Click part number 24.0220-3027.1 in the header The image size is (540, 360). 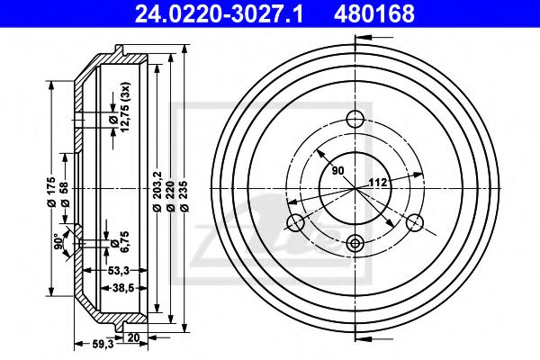click(x=219, y=14)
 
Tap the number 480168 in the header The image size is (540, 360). click(x=374, y=14)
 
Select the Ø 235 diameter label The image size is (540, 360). click(x=185, y=195)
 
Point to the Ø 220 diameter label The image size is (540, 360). click(x=170, y=195)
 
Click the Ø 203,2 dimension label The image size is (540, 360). click(x=157, y=192)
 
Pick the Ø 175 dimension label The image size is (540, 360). click(x=51, y=192)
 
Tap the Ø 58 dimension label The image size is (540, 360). click(x=65, y=197)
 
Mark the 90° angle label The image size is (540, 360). click(x=58, y=241)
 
